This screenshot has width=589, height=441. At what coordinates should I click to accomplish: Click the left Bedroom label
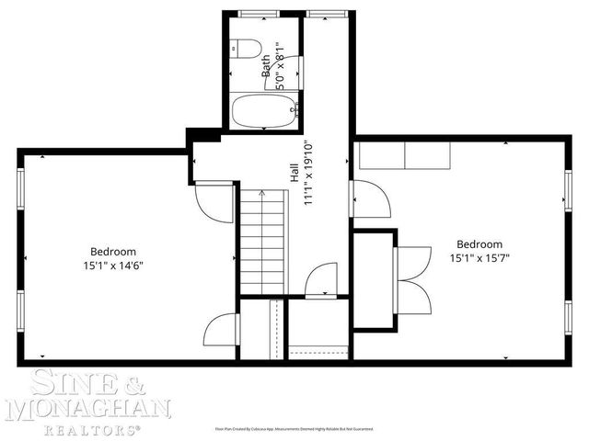pyautogui.click(x=113, y=252)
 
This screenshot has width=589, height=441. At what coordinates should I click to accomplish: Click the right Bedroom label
pyautogui.click(x=479, y=244)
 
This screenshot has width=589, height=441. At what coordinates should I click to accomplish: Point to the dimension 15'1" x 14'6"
pyautogui.click(x=113, y=266)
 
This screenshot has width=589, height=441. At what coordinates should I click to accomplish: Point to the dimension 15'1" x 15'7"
pyautogui.click(x=479, y=258)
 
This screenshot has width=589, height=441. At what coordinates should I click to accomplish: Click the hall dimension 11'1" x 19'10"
pyautogui.click(x=310, y=172)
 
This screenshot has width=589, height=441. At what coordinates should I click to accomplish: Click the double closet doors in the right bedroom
pyautogui.click(x=413, y=278)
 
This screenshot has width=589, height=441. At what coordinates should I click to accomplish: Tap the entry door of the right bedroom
pyautogui.click(x=366, y=198)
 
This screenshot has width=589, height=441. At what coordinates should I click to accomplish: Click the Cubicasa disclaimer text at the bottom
pyautogui.click(x=294, y=428)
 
